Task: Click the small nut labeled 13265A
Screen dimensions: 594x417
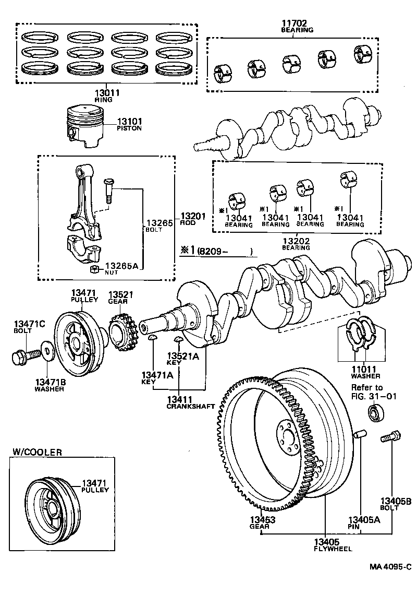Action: pyautogui.click(x=94, y=269)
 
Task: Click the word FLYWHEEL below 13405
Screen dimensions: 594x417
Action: pyautogui.click(x=333, y=549)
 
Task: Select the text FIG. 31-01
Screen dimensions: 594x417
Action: pyautogui.click(x=374, y=396)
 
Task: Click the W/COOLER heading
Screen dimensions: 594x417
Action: pyautogui.click(x=36, y=452)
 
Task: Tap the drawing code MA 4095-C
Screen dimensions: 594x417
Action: pyautogui.click(x=391, y=567)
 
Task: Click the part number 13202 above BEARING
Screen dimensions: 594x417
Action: pyautogui.click(x=296, y=242)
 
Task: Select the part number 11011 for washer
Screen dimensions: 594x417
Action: pyautogui.click(x=365, y=369)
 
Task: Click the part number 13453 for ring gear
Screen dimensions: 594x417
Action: pyautogui.click(x=262, y=520)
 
